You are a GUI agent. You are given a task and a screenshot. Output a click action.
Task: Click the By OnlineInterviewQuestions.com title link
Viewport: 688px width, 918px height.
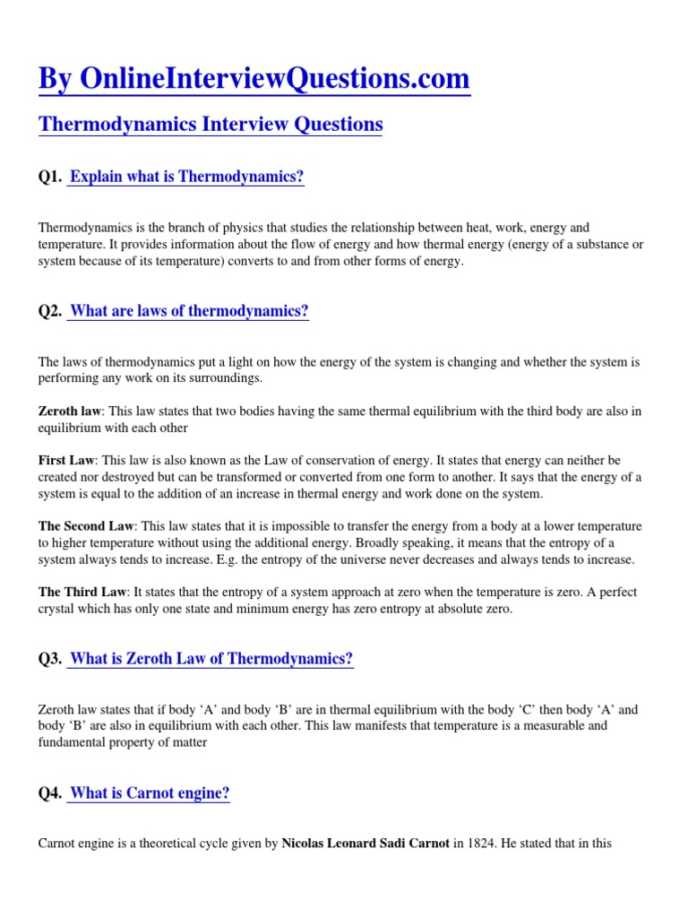254,79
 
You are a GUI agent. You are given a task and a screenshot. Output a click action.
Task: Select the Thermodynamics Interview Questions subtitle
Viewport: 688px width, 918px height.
211,124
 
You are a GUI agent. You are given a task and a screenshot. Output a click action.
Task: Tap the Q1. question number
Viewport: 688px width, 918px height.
50,178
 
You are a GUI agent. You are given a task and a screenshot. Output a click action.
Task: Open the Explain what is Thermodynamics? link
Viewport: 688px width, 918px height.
187,178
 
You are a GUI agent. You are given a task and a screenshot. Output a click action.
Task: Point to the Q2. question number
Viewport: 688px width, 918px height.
50,312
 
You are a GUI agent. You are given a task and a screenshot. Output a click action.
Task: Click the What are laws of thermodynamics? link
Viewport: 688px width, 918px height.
189,312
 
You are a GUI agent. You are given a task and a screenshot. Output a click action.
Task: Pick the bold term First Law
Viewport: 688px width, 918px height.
66,460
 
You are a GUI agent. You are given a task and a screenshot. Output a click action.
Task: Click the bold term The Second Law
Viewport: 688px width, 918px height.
86,526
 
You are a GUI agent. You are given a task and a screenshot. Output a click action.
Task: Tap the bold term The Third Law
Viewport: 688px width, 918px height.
81,593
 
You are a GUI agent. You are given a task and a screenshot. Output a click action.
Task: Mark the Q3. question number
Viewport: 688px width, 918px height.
50,660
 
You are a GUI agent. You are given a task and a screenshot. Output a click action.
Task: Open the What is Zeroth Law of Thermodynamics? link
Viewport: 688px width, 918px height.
211,660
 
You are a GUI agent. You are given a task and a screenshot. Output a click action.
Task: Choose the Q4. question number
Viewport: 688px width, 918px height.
50,793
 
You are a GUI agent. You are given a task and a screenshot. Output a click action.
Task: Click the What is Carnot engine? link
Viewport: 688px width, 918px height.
150,793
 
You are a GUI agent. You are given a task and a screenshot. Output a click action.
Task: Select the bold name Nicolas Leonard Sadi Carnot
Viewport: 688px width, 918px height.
365,844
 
